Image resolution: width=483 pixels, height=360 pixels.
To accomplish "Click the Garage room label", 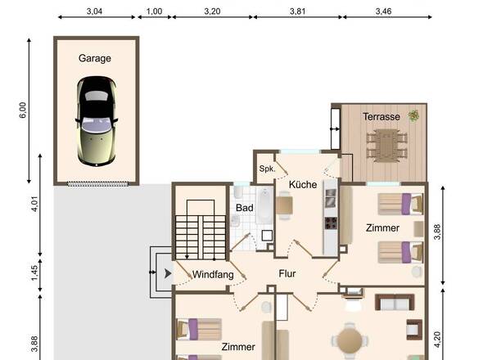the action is point(95,58).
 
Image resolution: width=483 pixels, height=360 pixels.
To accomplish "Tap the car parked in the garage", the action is point(97,121).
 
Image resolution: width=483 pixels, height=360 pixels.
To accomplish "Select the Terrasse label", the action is point(381,117).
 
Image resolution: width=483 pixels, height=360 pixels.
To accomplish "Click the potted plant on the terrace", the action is point(413,116).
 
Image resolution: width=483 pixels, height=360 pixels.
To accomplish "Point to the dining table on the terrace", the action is point(387,146).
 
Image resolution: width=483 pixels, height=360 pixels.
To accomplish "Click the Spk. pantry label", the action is point(267,169).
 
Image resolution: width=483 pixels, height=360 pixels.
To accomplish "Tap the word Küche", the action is point(303,184).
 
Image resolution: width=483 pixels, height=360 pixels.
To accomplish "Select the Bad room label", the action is point(245,208).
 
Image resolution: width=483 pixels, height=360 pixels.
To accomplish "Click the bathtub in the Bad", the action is point(264,205).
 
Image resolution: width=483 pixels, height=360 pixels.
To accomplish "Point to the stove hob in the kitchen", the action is point(331,223).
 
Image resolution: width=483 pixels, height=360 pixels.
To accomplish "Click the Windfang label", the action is point(213,274).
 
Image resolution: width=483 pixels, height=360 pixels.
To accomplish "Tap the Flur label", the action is point(287,273).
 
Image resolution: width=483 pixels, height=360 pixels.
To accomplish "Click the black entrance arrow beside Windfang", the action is point(168,273).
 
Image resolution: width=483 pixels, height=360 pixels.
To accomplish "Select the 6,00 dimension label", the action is point(23,110).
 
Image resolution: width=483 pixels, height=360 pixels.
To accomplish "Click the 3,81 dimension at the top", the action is point(297,11).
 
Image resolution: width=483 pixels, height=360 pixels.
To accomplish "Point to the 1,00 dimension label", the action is point(154,11).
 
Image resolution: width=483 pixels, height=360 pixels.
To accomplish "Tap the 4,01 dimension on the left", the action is point(34,204).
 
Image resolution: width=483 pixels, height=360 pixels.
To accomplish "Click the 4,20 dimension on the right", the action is point(437,340).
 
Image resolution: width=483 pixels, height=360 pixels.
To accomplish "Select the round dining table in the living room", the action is point(350,341).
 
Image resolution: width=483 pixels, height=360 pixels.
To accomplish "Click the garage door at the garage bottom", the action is point(97,184).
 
